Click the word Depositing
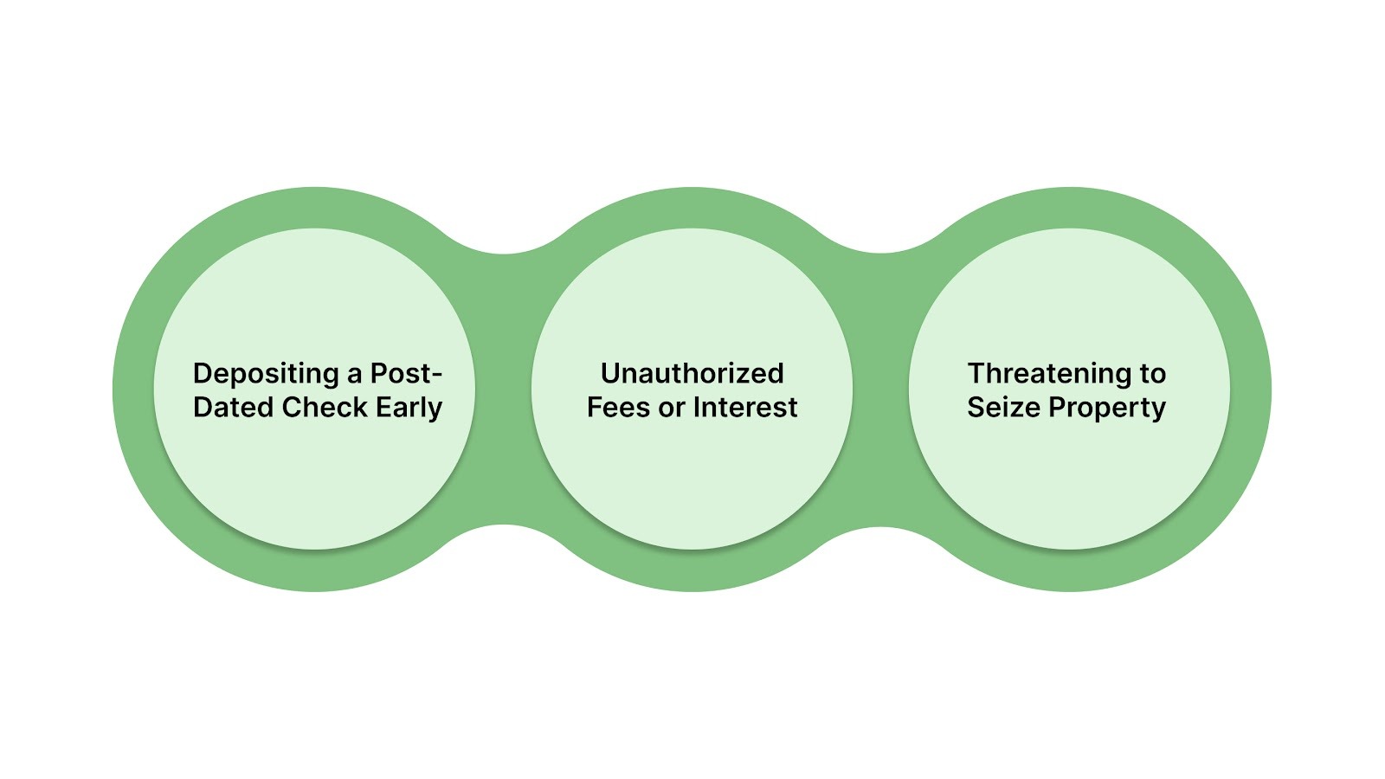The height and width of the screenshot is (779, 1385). click(x=266, y=374)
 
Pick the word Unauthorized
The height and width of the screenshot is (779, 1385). click(x=692, y=373)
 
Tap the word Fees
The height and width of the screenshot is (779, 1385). click(x=618, y=407)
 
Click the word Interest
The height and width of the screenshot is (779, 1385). click(x=745, y=407)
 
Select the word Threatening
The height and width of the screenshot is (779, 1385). click(x=1051, y=373)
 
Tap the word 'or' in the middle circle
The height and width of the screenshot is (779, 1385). click(x=672, y=408)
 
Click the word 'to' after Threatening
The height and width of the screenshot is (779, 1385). click(x=1152, y=373)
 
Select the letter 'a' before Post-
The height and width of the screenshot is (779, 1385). click(x=355, y=375)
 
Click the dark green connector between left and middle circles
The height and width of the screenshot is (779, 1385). click(x=504, y=389)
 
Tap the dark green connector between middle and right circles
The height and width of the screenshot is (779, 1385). click(x=880, y=389)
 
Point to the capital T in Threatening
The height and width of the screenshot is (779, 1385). click(x=976, y=373)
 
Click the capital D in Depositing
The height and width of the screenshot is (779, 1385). click(x=203, y=373)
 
